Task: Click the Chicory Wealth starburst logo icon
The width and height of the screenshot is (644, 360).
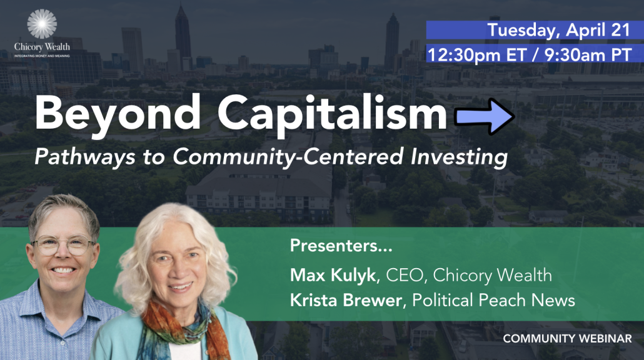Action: tap(42, 24)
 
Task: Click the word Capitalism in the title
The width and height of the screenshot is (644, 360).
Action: tap(332, 114)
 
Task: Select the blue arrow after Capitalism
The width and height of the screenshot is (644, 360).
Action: tap(484, 117)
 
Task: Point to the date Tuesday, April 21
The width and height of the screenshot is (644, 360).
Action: tap(558, 30)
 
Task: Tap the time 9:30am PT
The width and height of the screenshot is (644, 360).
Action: tap(588, 54)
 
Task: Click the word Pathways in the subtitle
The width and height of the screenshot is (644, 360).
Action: tap(85, 157)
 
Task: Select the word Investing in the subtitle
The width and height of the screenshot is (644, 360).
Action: tap(459, 157)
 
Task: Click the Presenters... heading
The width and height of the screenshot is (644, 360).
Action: tap(341, 246)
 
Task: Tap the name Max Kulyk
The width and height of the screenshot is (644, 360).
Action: tap(333, 276)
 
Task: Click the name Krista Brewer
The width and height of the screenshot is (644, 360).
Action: tap(346, 300)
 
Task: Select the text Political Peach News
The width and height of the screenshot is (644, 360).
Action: tap(493, 300)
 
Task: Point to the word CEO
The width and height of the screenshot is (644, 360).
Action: tap(404, 276)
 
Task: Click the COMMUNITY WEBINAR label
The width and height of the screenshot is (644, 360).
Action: tap(567, 339)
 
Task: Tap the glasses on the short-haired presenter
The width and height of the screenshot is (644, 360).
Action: tap(63, 246)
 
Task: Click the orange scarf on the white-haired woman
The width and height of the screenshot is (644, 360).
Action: tap(181, 328)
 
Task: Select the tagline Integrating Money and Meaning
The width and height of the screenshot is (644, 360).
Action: tap(42, 56)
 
